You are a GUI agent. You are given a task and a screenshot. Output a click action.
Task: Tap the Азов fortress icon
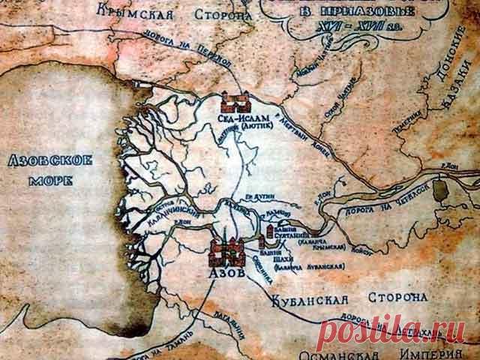pos(226,253)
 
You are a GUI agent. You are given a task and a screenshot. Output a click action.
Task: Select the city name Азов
pos(226,275)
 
